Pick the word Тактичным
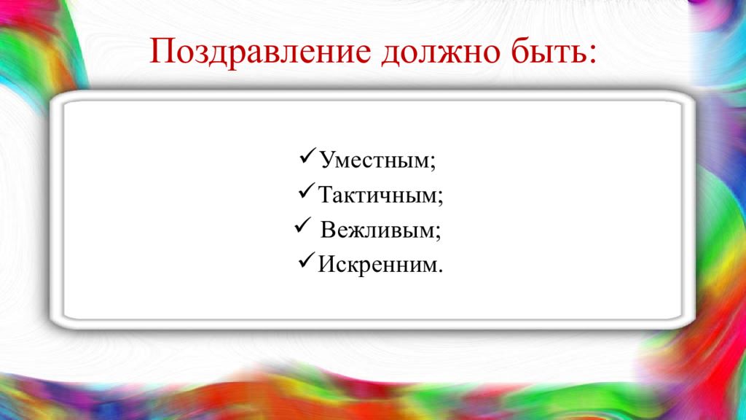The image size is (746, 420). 378,195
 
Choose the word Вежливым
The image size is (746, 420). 379,231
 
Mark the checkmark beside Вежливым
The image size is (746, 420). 302,228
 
